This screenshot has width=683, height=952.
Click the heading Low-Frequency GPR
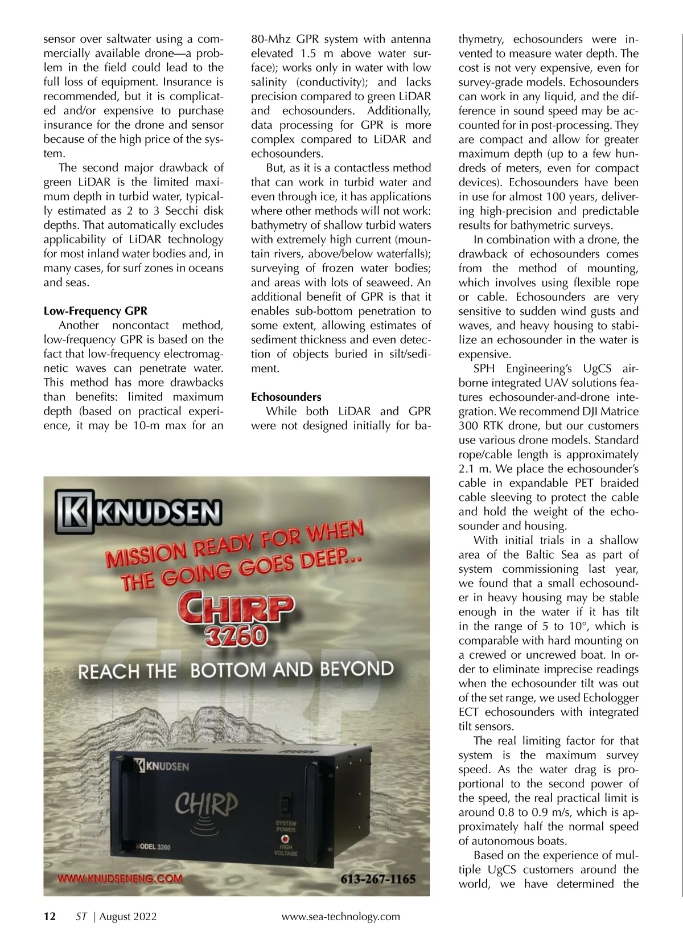[x=95, y=311]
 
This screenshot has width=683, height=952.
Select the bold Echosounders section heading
[x=286, y=397]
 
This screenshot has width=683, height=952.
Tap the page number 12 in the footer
[x=50, y=916]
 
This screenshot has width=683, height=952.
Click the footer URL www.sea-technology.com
[x=340, y=916]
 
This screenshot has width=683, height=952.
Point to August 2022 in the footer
[x=128, y=916]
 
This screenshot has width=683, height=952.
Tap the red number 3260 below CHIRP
[x=237, y=635]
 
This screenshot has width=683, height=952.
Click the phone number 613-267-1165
[x=378, y=879]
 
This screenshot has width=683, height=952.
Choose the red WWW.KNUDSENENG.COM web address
[x=120, y=878]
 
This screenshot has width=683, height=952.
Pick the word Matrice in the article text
[x=617, y=411]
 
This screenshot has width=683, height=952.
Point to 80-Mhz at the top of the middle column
[x=270, y=39]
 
